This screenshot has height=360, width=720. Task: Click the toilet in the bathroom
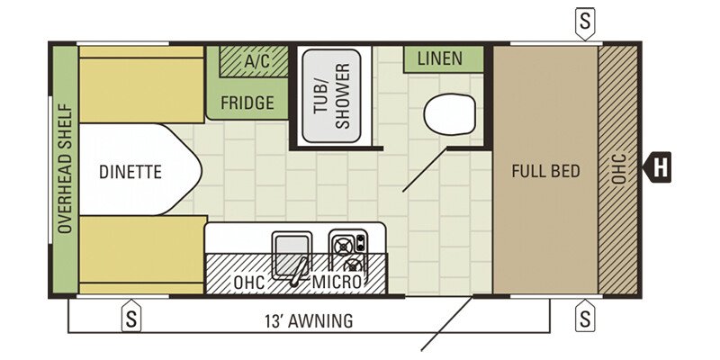point(449,114)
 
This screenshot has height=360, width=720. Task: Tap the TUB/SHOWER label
point(331,96)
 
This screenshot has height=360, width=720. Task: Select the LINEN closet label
point(440,58)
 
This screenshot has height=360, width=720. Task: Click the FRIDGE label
point(247,103)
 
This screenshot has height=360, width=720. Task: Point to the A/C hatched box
point(254,61)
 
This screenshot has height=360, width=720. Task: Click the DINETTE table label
point(130,172)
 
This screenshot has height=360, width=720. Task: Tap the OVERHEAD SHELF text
point(66,168)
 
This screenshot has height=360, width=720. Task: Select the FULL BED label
point(546,171)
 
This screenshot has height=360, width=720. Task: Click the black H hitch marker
point(657,167)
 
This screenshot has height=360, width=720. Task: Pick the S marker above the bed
point(584,22)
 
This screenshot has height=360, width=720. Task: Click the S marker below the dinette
point(131,316)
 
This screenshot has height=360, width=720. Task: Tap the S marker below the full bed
point(585,316)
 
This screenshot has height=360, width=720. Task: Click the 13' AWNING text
point(310,320)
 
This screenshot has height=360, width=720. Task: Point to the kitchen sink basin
point(292,256)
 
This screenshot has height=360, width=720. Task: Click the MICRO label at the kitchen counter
point(337,282)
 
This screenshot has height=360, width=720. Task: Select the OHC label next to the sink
point(249,282)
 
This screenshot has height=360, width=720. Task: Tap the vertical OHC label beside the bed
point(619,169)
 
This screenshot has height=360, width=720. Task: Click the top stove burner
point(343,247)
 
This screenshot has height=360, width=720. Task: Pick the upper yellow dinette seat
point(141,84)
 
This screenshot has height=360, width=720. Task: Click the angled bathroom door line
point(425,170)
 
